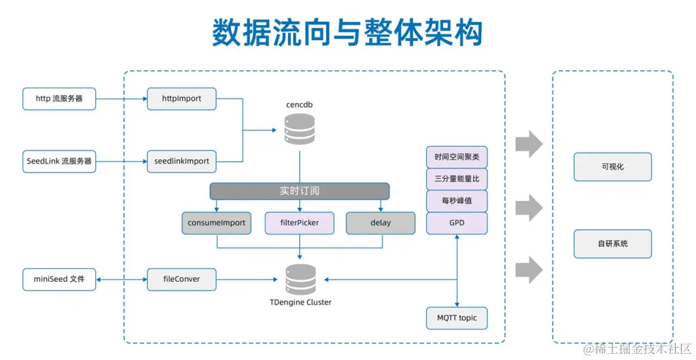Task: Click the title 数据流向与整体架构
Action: [x=347, y=32]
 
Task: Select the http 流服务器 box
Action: [x=59, y=98]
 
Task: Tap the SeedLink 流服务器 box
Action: [x=59, y=162]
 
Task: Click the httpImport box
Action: [x=181, y=98]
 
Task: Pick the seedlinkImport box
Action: [x=181, y=162]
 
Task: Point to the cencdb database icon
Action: [x=299, y=128]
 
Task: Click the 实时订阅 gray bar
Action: [x=299, y=191]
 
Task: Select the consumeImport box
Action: [x=216, y=223]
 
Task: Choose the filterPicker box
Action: [x=299, y=223]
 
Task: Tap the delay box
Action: [x=381, y=223]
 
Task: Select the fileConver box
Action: [x=181, y=279]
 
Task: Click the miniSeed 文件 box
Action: [x=59, y=279]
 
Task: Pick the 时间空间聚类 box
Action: [x=457, y=157]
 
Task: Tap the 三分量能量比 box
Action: [x=457, y=179]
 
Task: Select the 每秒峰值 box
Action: [x=457, y=201]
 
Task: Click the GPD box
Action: [x=457, y=223]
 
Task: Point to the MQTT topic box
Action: [x=457, y=318]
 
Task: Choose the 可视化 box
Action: [x=612, y=167]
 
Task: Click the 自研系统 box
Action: [x=612, y=244]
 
